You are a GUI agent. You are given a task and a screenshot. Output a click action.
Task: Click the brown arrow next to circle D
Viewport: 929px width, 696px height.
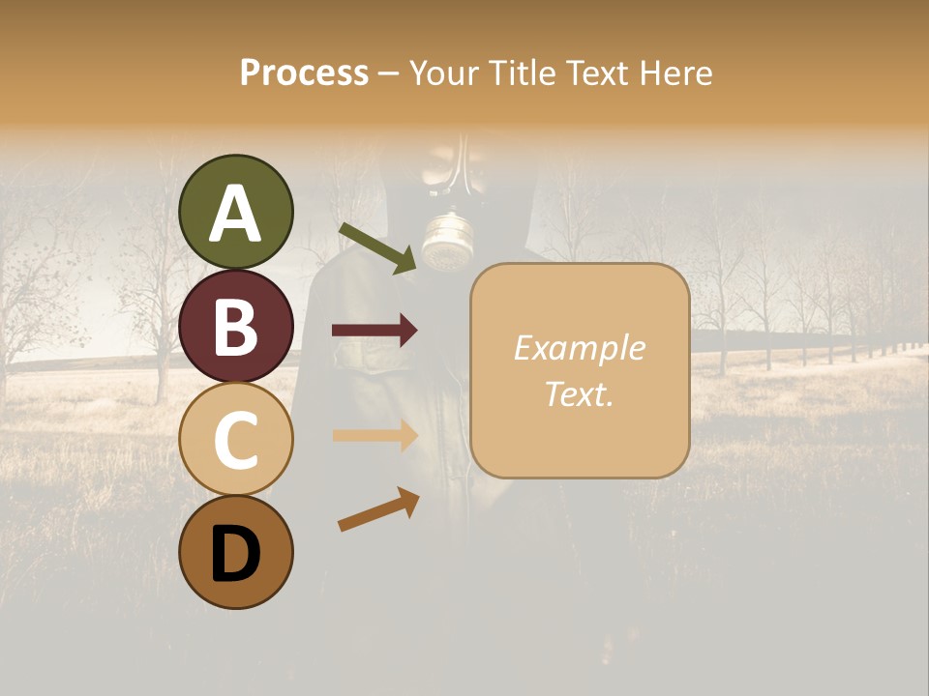coord(378,509)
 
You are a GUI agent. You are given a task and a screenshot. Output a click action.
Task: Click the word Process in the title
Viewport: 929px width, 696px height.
coord(304,72)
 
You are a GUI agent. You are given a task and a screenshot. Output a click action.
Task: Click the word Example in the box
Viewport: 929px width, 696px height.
coord(579,348)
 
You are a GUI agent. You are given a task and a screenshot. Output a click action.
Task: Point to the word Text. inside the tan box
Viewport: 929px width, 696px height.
coord(579,393)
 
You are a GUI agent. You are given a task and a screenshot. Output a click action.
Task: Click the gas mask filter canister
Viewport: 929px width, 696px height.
coord(446,242)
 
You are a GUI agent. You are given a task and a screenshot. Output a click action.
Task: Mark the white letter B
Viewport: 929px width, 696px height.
coord(236,328)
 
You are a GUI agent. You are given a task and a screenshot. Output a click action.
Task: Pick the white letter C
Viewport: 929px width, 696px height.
coord(236,441)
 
